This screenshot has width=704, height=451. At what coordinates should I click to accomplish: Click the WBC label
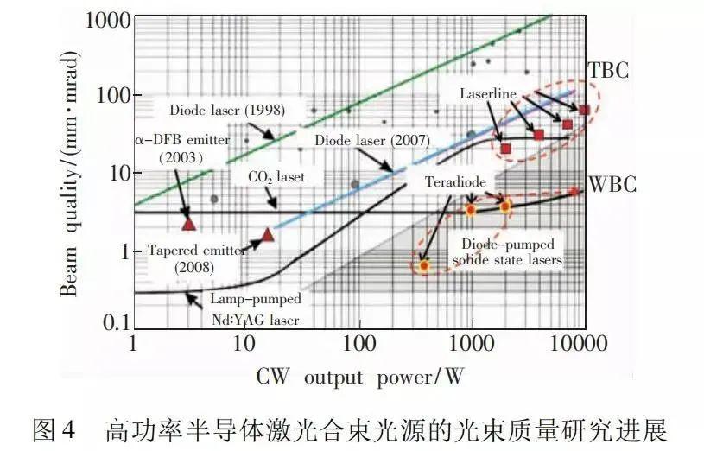point(612,184)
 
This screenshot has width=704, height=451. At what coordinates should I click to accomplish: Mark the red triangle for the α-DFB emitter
point(189,223)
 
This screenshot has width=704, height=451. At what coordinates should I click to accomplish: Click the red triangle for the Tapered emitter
point(267,234)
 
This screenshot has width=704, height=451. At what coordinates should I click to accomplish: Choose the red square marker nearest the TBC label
point(584,109)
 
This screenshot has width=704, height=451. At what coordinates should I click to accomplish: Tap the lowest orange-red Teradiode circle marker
point(423,265)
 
